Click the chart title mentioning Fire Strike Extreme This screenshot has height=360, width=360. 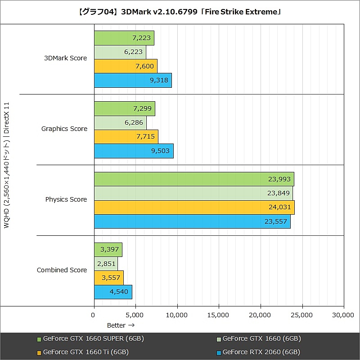[x=180, y=12]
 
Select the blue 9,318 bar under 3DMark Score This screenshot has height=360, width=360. [x=133, y=80]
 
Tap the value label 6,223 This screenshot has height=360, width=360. [x=133, y=52]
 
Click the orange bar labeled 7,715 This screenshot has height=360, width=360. [x=126, y=136]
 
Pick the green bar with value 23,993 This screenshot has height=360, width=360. [x=193, y=179]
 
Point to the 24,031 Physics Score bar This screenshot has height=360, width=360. [x=193, y=207]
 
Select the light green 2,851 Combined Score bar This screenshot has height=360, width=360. [x=106, y=264]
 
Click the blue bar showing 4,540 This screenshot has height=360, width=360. [x=113, y=292]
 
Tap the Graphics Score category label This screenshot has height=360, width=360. [x=64, y=129]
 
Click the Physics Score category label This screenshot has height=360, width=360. [x=66, y=199]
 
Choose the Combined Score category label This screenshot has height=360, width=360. [x=62, y=270]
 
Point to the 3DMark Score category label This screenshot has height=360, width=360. [x=65, y=58]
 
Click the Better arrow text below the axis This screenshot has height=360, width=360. [x=121, y=325]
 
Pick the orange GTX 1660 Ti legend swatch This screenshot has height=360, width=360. [x=39, y=352]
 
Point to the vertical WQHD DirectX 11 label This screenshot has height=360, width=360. [x=6, y=165]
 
